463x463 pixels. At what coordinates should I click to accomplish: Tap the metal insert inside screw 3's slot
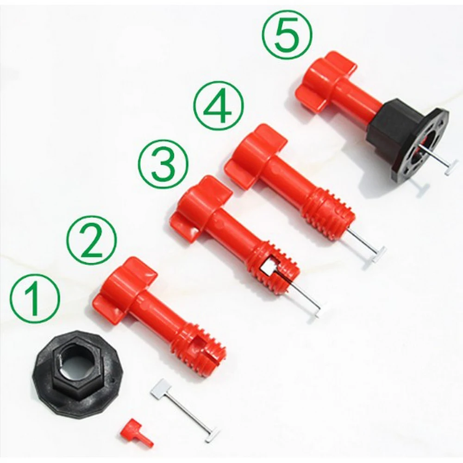coord(267,268)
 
